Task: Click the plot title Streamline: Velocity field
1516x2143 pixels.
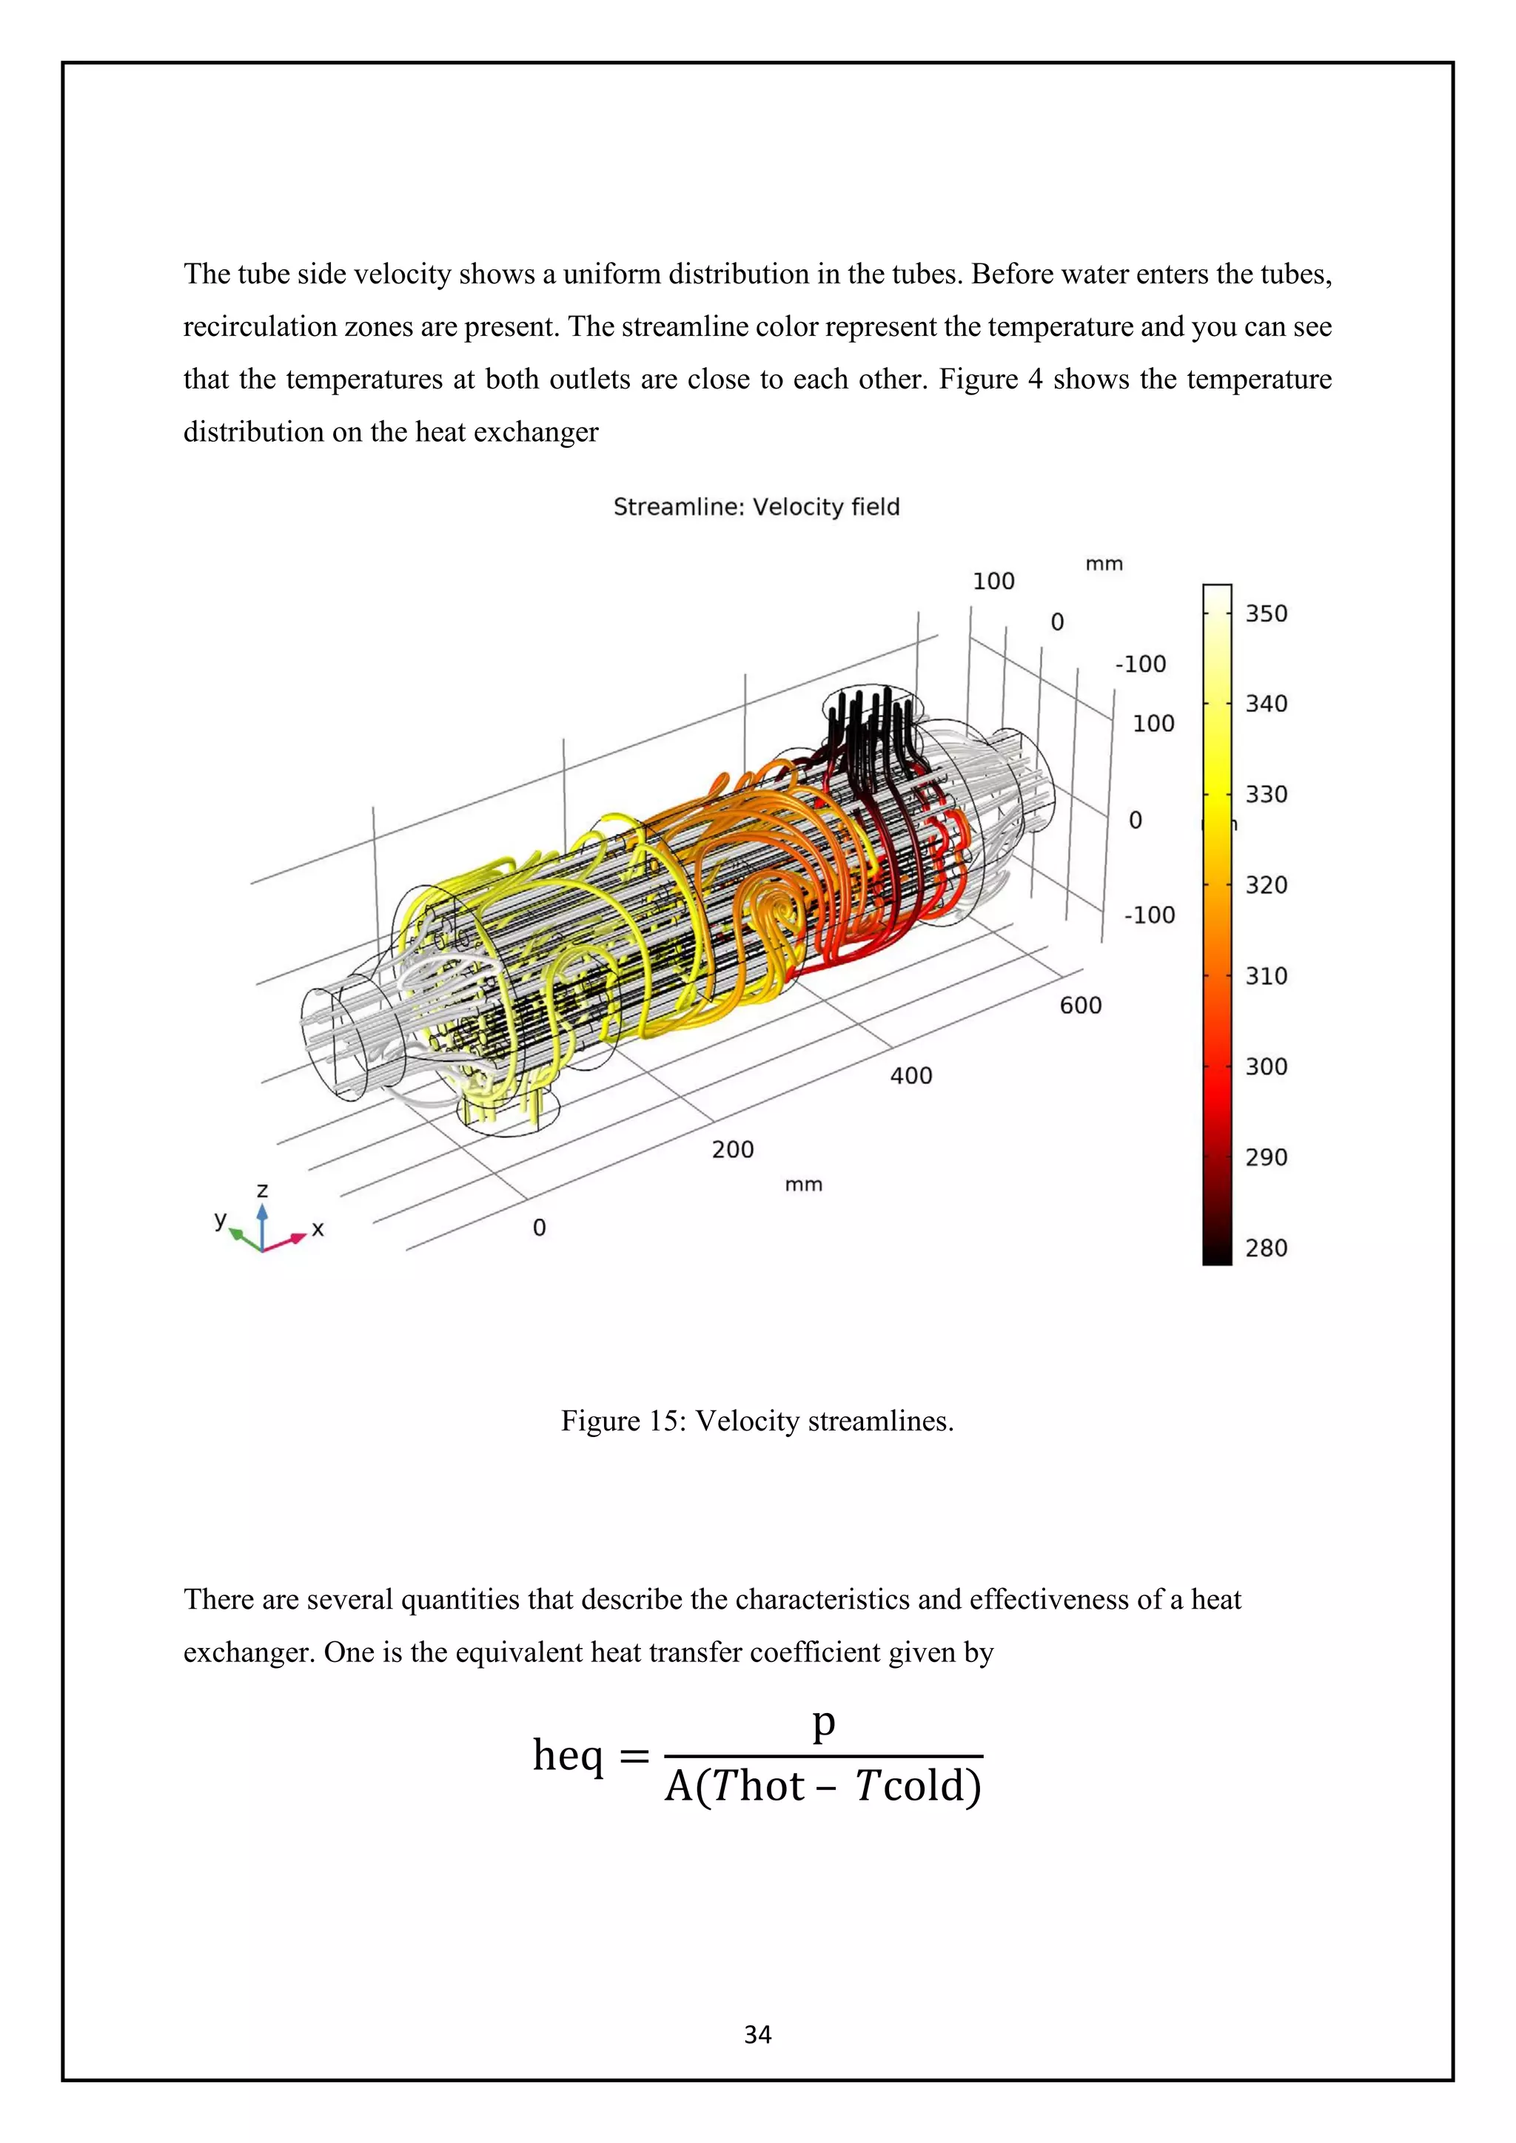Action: coord(756,507)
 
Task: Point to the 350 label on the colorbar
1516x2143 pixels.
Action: coord(1266,613)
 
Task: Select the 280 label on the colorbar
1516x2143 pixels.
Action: coord(1266,1247)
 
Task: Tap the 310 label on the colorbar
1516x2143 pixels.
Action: coord(1266,975)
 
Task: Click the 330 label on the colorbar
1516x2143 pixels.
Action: coord(1266,793)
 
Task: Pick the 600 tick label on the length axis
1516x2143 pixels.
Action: coord(1080,1005)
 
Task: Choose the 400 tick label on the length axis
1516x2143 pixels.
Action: coord(910,1075)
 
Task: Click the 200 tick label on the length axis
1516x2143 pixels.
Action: coord(732,1149)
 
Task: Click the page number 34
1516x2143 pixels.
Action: coord(757,2035)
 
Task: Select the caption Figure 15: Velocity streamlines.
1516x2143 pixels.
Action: coord(757,1421)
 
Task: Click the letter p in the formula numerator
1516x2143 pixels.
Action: coord(822,1723)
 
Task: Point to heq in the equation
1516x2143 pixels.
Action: coord(568,1756)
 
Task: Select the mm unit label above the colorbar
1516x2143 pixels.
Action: coord(1104,564)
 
